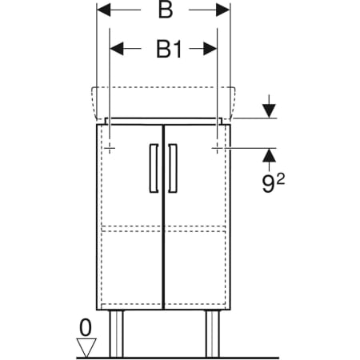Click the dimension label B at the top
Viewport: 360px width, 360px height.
point(166,10)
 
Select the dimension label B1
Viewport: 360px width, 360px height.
point(169,49)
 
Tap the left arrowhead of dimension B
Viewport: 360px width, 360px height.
point(104,10)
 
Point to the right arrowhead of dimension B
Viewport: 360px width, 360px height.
point(222,10)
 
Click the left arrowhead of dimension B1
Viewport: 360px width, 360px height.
point(117,49)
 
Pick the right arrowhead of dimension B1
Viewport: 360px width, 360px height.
point(210,49)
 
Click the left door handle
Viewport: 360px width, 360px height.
point(154,168)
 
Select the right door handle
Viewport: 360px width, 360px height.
point(173,168)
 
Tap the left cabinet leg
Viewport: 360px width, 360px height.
point(116,334)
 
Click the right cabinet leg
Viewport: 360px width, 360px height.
point(213,334)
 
